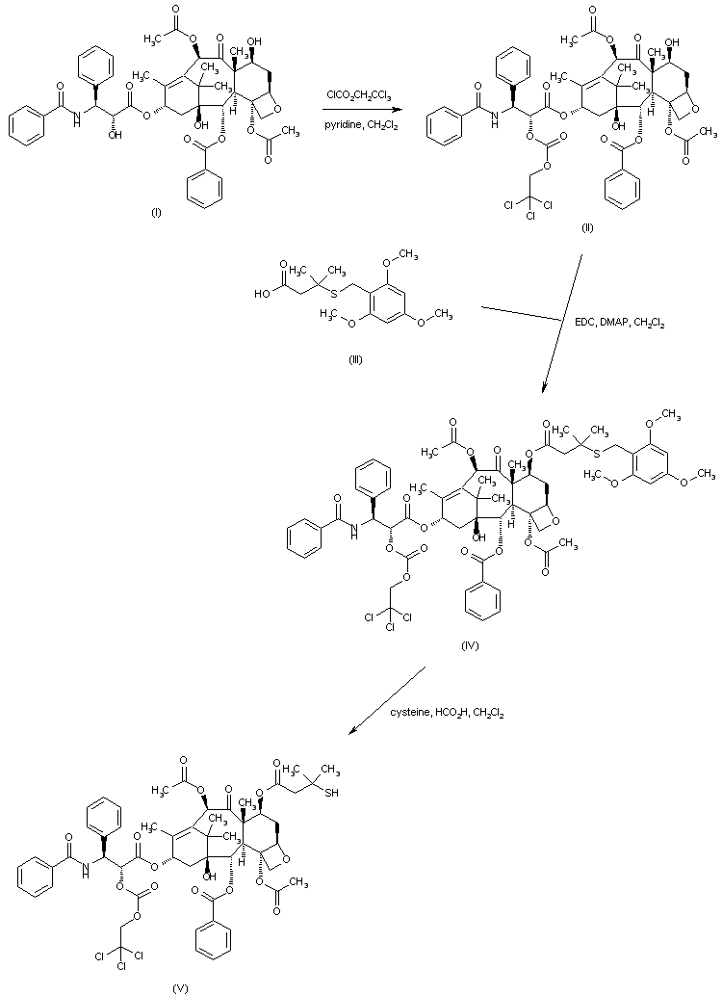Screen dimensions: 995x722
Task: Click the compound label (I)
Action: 156,213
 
